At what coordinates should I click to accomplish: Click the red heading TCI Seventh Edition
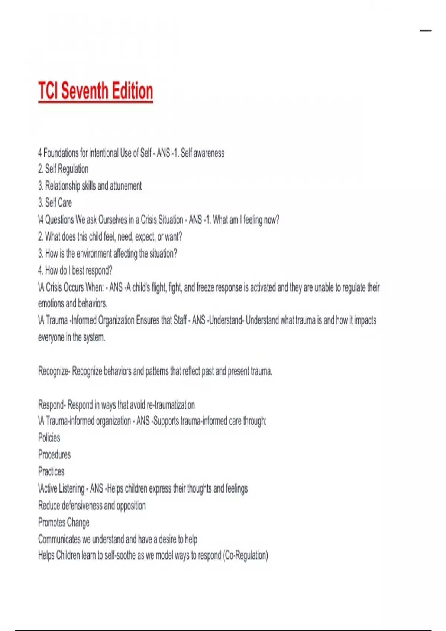click(96, 91)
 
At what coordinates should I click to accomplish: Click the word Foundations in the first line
click(61, 153)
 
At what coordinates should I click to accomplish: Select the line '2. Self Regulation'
click(63, 169)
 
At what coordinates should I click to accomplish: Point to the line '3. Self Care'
click(55, 203)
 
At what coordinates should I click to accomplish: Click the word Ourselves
click(113, 220)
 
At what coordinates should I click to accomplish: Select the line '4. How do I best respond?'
click(75, 271)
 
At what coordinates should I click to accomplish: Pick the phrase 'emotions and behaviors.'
click(73, 304)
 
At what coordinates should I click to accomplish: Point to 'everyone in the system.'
click(72, 337)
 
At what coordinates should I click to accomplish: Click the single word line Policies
click(49, 438)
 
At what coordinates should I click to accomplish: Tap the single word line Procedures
click(54, 455)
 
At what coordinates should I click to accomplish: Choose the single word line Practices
click(51, 472)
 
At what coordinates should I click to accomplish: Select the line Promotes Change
click(64, 523)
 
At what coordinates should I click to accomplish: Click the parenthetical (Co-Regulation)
click(245, 556)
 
